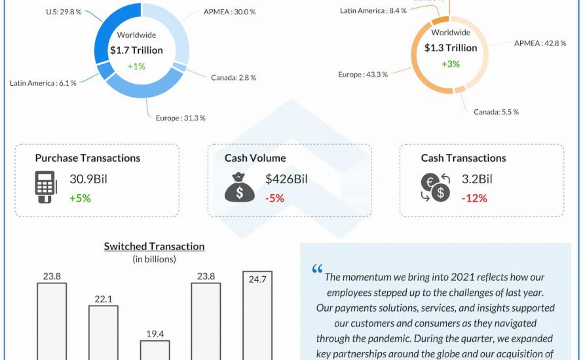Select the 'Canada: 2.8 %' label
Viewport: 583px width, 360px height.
[x=233, y=78]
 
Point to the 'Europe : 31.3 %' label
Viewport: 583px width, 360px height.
[x=181, y=118]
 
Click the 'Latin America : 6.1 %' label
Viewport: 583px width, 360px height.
[x=43, y=83]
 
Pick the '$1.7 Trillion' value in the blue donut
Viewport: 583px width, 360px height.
[x=136, y=50]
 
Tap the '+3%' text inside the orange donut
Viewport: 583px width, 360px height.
[x=451, y=64]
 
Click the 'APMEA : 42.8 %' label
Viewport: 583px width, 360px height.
[x=539, y=43]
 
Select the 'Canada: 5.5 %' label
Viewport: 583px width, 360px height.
[x=497, y=112]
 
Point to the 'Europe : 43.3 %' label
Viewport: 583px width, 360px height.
[x=363, y=75]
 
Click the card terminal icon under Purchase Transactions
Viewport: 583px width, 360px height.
[x=45, y=187]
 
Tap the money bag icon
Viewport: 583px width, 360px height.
[x=240, y=187]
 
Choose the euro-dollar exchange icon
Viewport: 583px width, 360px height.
[x=435, y=187]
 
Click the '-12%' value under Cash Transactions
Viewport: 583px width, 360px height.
[x=474, y=198]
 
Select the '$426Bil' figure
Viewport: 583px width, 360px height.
[x=286, y=179]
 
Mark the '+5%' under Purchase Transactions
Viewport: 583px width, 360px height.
[x=80, y=198]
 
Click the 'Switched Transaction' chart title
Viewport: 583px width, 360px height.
[x=154, y=247]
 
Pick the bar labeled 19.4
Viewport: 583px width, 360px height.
[x=155, y=350]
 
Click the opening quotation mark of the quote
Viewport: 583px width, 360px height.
[x=317, y=269]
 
